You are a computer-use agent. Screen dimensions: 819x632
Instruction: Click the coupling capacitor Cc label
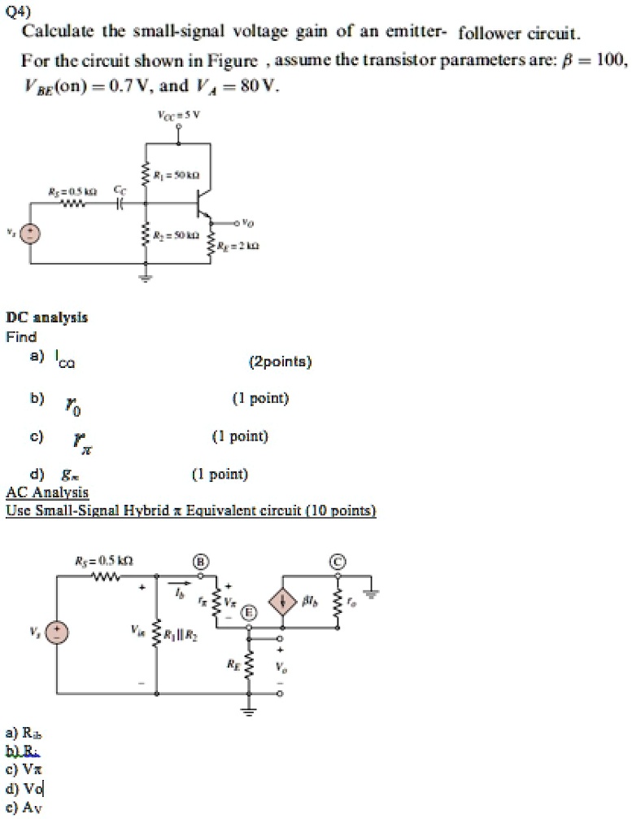pyautogui.click(x=120, y=189)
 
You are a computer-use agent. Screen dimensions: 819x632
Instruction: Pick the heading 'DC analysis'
pyautogui.click(x=46, y=318)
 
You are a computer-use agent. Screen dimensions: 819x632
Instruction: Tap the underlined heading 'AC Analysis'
pyautogui.click(x=47, y=493)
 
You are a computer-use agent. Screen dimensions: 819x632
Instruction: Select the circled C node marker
pyautogui.click(x=337, y=563)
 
